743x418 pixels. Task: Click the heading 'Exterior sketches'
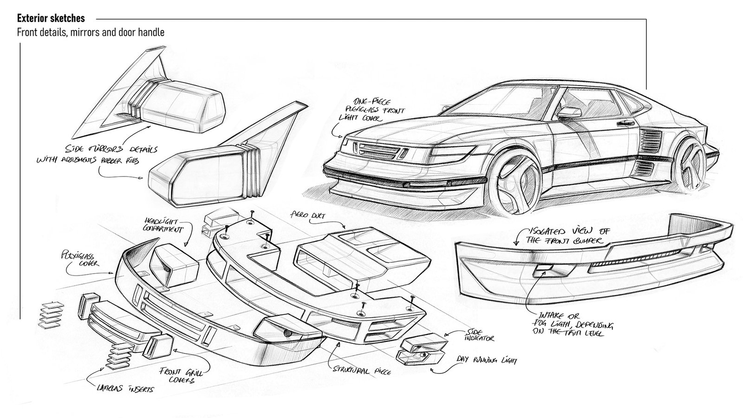[x=51, y=19]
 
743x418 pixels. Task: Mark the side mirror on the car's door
[x=571, y=113]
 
